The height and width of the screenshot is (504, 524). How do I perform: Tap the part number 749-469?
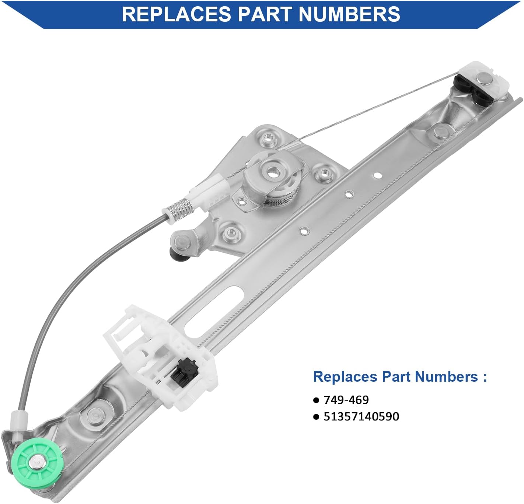(x=346, y=400)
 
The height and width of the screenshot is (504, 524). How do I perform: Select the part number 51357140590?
(x=361, y=416)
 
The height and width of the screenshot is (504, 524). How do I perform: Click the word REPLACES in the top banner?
(x=177, y=14)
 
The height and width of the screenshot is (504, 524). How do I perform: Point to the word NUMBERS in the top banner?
(x=349, y=14)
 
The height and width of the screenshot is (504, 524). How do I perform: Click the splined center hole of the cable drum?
(x=275, y=172)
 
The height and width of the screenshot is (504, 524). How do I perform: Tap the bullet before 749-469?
(x=316, y=400)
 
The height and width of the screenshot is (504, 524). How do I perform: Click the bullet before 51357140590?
(x=316, y=417)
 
